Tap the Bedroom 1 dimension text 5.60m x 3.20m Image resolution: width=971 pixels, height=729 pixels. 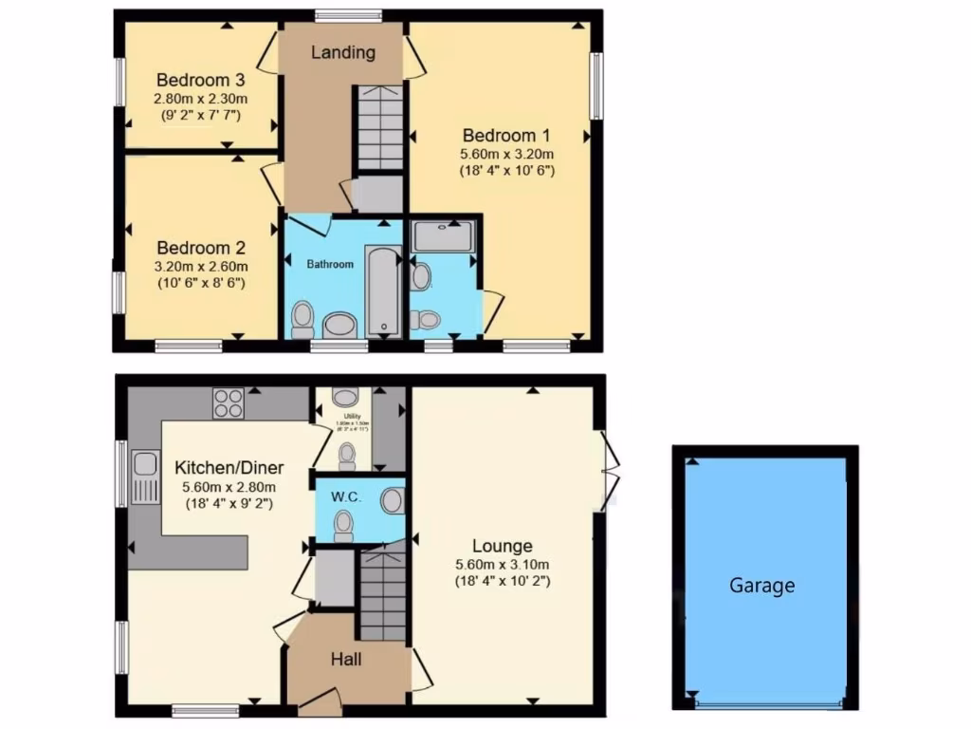tap(506, 154)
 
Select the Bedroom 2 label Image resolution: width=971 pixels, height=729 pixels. tap(193, 249)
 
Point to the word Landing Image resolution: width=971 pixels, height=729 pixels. tap(343, 52)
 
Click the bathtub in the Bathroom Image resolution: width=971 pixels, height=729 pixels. tap(383, 290)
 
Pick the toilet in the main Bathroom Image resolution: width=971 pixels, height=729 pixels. tap(302, 319)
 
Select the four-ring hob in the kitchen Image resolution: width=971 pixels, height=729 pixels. tap(229, 403)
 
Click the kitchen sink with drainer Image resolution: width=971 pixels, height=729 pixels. tap(145, 476)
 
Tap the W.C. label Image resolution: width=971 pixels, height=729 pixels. tap(342, 497)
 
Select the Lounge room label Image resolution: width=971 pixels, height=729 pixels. tap(503, 546)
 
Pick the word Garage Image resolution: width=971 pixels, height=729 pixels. tap(761, 586)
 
